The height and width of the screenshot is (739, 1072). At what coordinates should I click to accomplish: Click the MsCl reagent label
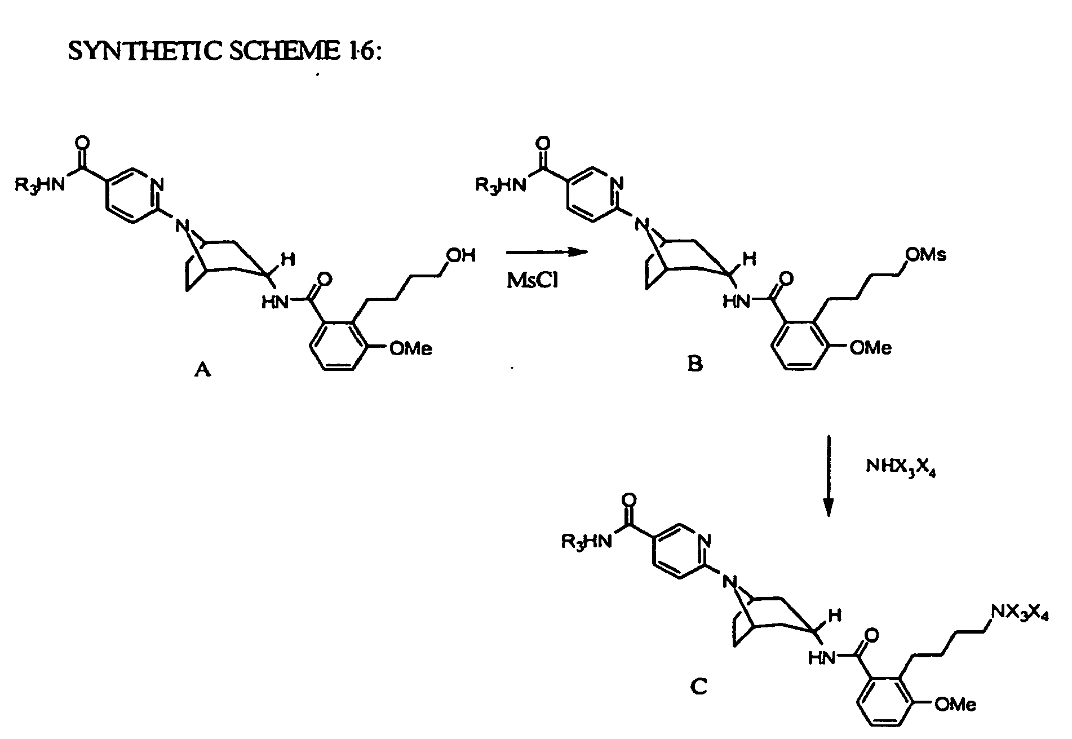click(533, 280)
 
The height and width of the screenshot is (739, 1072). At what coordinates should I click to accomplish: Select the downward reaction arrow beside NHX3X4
click(829, 476)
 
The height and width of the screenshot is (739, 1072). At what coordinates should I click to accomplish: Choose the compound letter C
click(698, 687)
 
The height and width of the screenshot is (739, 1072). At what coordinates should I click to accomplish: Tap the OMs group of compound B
click(925, 254)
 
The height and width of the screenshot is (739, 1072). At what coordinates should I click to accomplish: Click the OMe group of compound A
click(411, 348)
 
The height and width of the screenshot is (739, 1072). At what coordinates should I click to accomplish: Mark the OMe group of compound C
click(955, 704)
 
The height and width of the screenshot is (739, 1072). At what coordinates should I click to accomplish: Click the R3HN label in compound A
click(40, 185)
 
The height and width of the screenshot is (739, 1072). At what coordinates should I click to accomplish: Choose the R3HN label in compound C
click(586, 542)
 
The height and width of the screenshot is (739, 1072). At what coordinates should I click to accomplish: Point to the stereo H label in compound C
click(835, 616)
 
